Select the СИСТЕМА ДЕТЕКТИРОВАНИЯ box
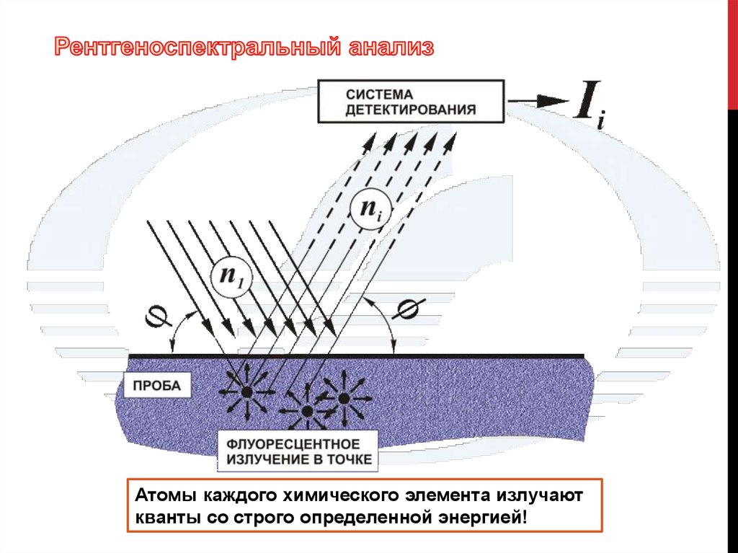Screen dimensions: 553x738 click(410, 102)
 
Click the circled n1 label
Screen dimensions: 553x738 click(231, 277)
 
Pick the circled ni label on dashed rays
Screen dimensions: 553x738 click(369, 209)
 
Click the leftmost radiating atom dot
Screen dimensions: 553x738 click(246, 391)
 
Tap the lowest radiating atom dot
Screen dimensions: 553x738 click(308, 411)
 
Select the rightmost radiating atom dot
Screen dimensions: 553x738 click(344, 397)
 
